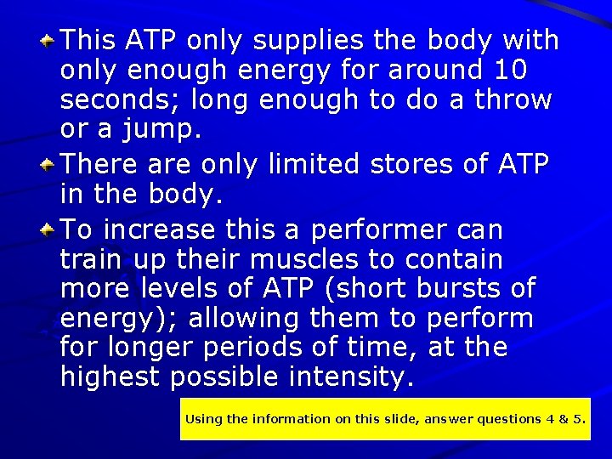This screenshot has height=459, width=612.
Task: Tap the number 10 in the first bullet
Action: (510, 70)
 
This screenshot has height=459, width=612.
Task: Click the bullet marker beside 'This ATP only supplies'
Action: (50, 39)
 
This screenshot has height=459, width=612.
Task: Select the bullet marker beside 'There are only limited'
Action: (50, 162)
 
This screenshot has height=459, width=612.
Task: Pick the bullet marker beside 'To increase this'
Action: (50, 229)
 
